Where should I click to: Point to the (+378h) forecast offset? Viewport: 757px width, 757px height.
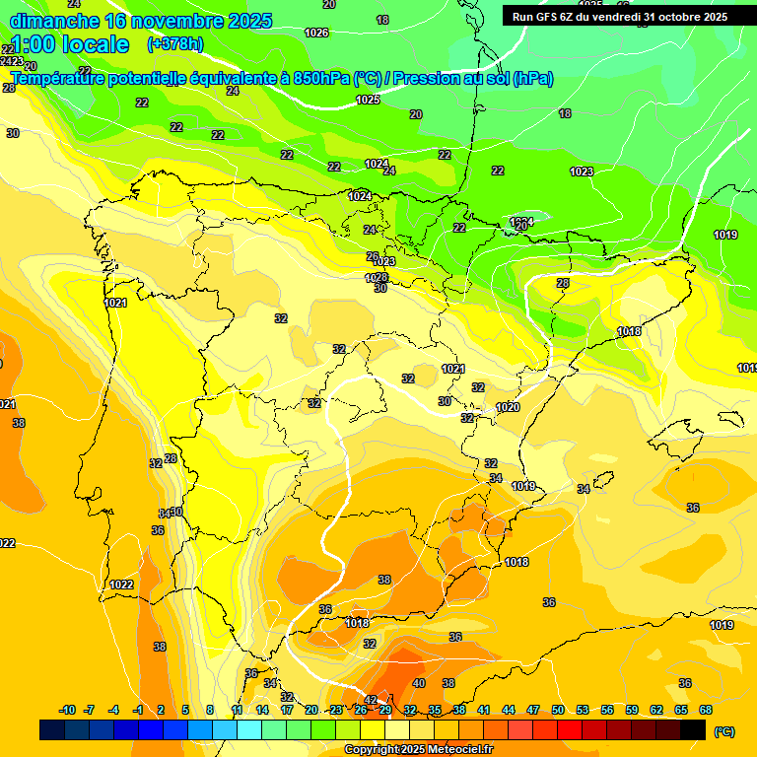click(x=174, y=44)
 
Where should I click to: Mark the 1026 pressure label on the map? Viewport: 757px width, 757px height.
click(x=316, y=33)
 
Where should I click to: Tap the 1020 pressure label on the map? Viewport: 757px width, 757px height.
click(x=508, y=407)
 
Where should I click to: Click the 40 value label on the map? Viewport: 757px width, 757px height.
click(x=419, y=683)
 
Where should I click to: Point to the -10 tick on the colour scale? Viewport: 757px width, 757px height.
click(x=68, y=710)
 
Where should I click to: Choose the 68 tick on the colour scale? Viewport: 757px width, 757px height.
click(x=706, y=710)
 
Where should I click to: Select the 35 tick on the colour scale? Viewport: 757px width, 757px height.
click(x=435, y=710)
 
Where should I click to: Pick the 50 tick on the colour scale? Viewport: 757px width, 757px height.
click(x=558, y=710)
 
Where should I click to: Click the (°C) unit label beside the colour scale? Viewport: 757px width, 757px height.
click(x=724, y=731)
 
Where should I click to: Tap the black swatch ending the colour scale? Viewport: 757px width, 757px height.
click(x=693, y=729)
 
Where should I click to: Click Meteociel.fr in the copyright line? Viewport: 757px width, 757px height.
click(x=455, y=750)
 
